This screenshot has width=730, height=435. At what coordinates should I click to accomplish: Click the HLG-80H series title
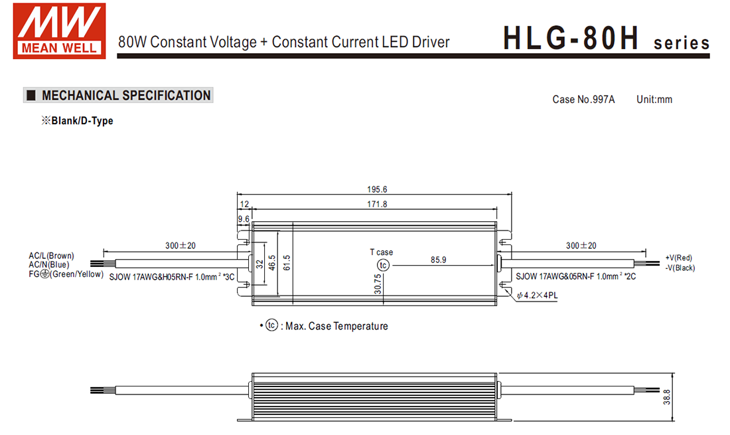pos(605,39)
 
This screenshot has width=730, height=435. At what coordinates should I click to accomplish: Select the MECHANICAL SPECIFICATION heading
pos(125,96)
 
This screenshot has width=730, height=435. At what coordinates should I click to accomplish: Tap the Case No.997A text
pos(583,100)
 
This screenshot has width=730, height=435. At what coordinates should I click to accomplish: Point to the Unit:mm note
pos(654,100)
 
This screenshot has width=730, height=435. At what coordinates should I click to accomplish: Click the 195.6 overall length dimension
pos(376,189)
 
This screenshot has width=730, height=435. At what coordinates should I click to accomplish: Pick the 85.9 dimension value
pos(438,260)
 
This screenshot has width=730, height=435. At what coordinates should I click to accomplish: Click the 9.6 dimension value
pos(244,218)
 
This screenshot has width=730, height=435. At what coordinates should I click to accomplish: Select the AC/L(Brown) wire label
pos(51,256)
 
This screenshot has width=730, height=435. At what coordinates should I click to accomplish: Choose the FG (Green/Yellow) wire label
pos(65,274)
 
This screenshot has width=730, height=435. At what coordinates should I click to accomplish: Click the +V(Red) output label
pos(678,258)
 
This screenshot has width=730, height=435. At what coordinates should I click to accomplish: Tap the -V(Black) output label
pos(680,268)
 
